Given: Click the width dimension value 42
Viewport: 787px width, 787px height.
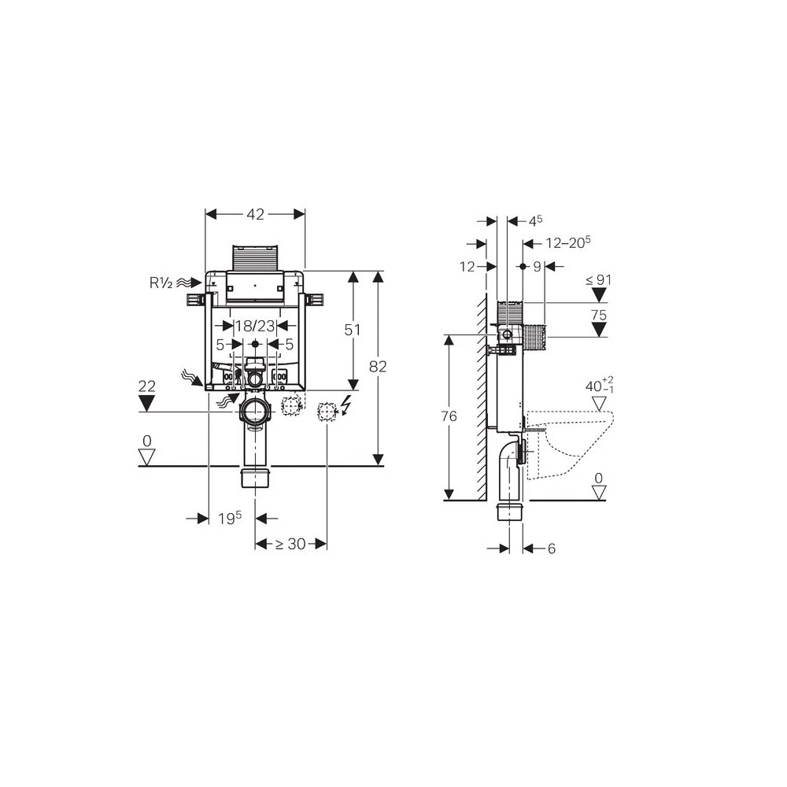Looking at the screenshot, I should [x=255, y=214].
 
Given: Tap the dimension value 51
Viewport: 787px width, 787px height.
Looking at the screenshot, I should [x=352, y=330].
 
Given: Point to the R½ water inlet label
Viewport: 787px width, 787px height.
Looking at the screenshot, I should [x=161, y=281].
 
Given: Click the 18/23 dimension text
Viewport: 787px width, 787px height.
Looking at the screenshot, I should [x=255, y=325].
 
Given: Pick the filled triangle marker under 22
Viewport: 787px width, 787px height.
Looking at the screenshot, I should [x=147, y=403].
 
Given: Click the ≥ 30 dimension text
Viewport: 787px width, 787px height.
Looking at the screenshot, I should [x=290, y=544].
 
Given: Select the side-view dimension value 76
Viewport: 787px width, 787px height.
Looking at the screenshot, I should [x=449, y=417].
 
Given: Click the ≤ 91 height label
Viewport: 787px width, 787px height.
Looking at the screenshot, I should [x=599, y=279].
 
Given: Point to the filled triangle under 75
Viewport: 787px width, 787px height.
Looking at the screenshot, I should [x=599, y=328].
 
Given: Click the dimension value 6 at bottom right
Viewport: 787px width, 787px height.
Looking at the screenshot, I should [x=551, y=549].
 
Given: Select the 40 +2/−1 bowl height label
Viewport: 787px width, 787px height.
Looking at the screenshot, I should [x=600, y=386].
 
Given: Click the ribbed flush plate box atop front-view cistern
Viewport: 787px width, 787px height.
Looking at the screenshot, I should [x=255, y=258].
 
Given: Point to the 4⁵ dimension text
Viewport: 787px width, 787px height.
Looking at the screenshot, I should [x=536, y=222].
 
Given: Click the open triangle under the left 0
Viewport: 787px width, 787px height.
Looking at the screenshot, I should [x=147, y=456].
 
